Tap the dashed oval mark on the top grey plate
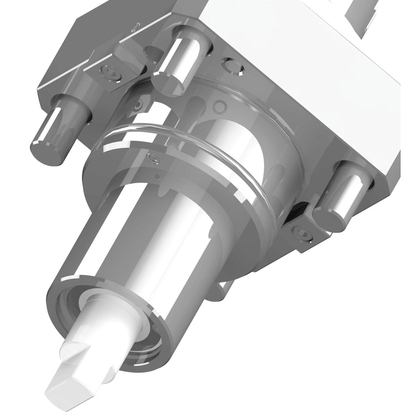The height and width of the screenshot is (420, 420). pos(136,27)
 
